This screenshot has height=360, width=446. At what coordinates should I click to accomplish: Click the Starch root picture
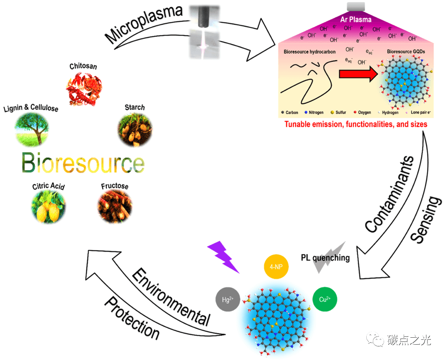point(135,130)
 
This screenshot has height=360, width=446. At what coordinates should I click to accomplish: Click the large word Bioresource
point(83,163)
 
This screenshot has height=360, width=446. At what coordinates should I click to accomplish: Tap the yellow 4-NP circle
point(276,267)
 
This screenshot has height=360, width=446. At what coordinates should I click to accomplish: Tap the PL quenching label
point(325,258)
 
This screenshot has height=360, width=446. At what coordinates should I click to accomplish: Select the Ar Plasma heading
point(356,19)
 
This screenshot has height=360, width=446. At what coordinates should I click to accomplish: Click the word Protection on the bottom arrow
point(131,318)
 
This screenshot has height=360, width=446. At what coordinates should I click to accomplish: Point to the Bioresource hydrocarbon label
point(310,52)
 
